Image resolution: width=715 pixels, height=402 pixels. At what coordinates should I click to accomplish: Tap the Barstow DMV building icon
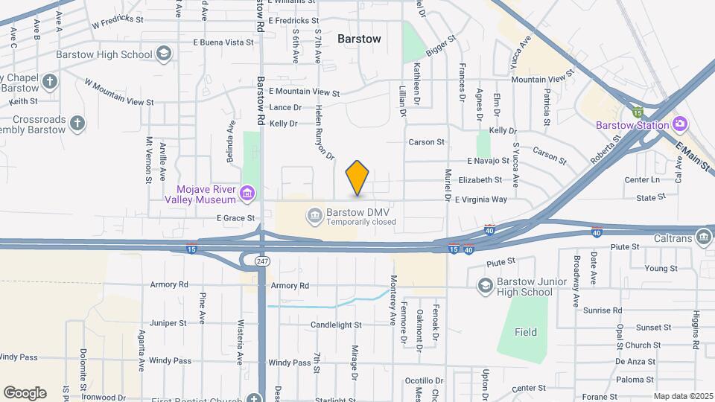point(314,217)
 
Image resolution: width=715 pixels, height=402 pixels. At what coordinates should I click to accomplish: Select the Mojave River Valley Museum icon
point(248,194)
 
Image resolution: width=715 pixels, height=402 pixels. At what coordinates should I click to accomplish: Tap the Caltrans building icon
point(703,237)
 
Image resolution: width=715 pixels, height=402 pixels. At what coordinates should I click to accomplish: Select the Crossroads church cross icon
point(77,122)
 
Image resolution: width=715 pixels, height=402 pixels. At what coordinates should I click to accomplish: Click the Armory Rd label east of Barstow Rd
point(290,286)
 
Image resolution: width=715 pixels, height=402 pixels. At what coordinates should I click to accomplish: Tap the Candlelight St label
point(336,325)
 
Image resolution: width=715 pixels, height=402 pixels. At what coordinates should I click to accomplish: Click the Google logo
point(25,392)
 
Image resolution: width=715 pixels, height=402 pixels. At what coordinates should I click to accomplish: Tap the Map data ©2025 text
point(682,396)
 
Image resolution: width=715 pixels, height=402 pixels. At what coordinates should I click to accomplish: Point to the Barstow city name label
point(359,39)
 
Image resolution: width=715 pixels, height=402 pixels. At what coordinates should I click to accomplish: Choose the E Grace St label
point(235,218)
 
